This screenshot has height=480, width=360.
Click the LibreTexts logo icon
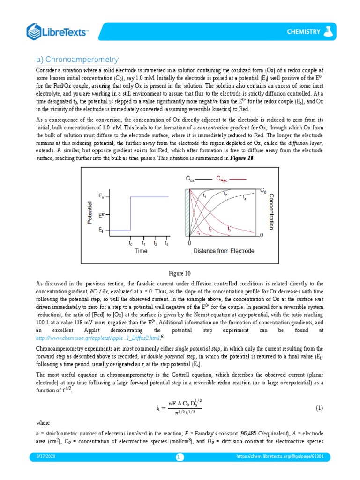click(x=35, y=31)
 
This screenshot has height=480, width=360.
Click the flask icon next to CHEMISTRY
click(x=329, y=31)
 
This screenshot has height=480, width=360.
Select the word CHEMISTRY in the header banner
click(x=303, y=32)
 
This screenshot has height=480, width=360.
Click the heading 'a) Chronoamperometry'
click(x=77, y=60)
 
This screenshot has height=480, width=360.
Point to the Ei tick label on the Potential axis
click(x=101, y=230)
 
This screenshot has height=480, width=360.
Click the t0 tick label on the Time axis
click(x=131, y=243)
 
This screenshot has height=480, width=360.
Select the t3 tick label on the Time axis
click(x=166, y=243)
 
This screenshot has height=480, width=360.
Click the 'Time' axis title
click(x=141, y=251)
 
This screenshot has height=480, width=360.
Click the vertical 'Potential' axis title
click(x=90, y=212)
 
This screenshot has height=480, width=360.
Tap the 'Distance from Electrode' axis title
click(x=224, y=251)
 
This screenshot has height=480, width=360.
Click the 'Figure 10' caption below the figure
click(x=180, y=273)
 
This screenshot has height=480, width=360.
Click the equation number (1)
click(x=319, y=408)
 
